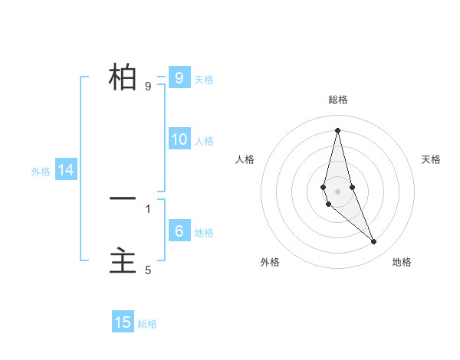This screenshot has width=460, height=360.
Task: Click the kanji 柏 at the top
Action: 123,77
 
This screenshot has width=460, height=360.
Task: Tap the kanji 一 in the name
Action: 123,198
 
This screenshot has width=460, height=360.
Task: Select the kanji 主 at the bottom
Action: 123,261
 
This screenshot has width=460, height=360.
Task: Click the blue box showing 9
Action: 179,78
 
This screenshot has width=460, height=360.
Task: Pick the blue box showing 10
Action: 179,139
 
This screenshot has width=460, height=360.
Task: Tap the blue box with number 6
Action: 179,231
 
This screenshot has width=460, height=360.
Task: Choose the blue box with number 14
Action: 66,170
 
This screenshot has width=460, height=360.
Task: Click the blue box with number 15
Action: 123,322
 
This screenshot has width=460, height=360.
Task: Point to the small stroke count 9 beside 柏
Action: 148,87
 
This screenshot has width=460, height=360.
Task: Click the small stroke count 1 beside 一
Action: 148,208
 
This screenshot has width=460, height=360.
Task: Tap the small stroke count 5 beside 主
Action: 148,270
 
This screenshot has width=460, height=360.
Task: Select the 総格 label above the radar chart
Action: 337,100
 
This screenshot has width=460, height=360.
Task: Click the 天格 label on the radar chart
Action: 431,159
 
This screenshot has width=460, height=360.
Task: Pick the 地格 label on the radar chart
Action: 402,262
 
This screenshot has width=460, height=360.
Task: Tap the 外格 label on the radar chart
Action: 270,262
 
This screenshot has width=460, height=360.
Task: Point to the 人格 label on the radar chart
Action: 245,159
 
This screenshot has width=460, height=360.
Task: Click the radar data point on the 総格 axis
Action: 337,130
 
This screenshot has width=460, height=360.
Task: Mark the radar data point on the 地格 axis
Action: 373,241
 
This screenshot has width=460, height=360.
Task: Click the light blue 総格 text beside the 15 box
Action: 147,324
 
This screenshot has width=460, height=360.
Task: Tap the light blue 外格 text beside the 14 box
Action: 41,172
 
